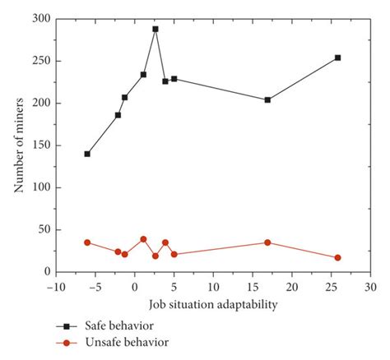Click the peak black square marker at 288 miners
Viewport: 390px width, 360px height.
156,29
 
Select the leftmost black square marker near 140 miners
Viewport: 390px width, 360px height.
87,154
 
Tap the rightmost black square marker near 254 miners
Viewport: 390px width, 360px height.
338,58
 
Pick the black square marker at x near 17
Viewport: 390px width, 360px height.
267,99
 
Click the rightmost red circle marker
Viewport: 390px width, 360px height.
338,257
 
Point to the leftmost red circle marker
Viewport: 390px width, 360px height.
87,242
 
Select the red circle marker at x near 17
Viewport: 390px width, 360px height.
267,242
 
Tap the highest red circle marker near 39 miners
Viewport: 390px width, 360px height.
143,239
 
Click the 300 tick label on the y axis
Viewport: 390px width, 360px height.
39,19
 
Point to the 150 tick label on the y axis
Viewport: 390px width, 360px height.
39,145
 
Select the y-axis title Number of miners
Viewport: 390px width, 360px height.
18,145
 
